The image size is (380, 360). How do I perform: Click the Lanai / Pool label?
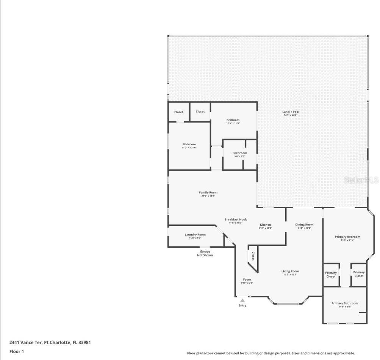[x=291, y=112]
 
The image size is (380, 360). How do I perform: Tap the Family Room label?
[x=208, y=193]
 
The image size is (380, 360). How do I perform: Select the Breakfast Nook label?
[x=235, y=220]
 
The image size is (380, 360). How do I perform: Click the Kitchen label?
[x=265, y=225]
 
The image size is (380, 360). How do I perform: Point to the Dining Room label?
[x=304, y=225]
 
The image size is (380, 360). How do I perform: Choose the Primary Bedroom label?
[x=347, y=237]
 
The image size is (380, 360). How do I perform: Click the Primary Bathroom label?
[x=344, y=303]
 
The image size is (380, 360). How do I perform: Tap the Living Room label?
[x=290, y=271]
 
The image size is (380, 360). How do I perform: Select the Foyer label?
[x=247, y=280]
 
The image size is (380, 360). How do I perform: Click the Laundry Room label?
[x=195, y=235]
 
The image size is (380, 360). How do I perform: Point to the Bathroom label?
[x=239, y=153]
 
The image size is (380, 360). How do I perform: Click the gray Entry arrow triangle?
[x=242, y=300]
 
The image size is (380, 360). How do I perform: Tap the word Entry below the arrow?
[x=242, y=305]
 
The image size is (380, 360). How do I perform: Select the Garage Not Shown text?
[x=205, y=253]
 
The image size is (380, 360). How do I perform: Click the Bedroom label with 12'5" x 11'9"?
[x=233, y=120]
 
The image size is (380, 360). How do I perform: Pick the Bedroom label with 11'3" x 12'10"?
[x=189, y=145]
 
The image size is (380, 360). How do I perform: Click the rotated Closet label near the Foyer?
[x=253, y=256]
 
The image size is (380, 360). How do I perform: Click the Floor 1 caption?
[x=17, y=352]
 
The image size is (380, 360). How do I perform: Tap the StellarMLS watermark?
[x=361, y=180]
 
